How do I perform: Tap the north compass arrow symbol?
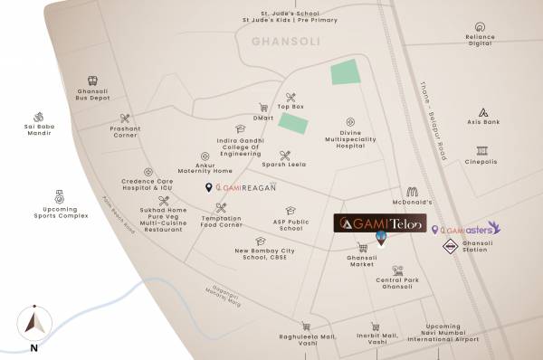click(33, 321)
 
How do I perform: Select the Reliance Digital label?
click(481, 41)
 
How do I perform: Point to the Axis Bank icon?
click(484, 113)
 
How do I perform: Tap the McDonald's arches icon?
click(412, 192)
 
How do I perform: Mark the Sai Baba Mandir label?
click(38, 130)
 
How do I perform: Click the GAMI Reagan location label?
click(241, 187)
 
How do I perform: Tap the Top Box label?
click(291, 108)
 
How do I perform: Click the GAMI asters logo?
click(467, 229)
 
